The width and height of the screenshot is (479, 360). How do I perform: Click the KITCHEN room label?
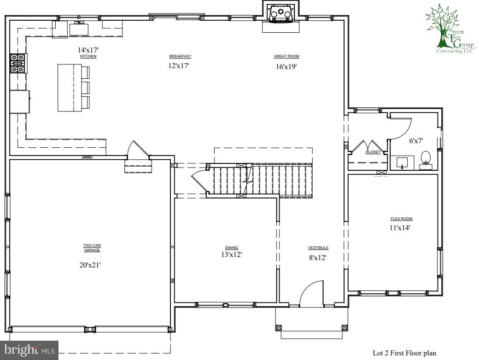tap(88, 56)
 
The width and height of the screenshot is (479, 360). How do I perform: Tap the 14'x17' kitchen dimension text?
tap(88, 50)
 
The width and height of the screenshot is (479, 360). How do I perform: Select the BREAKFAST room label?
tap(180, 56)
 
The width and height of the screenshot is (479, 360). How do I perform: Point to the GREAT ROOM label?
tap(286, 56)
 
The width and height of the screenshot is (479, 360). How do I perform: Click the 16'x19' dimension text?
tap(286, 66)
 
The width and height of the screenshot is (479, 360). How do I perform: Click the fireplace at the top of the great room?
tap(281, 14)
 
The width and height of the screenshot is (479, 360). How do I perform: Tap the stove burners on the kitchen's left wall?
tap(18, 64)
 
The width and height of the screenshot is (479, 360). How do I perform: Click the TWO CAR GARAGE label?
tap(92, 248)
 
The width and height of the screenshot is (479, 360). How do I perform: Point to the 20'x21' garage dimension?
tap(92, 265)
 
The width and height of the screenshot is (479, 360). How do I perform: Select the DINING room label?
tap(232, 248)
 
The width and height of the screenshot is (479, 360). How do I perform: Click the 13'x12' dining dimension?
tap(232, 254)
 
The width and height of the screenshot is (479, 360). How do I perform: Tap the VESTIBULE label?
tap(318, 248)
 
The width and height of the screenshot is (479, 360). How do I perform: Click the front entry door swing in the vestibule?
tap(311, 295)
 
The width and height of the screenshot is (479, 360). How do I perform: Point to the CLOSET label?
tap(373, 152)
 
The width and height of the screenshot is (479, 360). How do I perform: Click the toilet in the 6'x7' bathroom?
tap(426, 157)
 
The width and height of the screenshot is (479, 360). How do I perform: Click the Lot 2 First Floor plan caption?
tap(404, 353)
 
